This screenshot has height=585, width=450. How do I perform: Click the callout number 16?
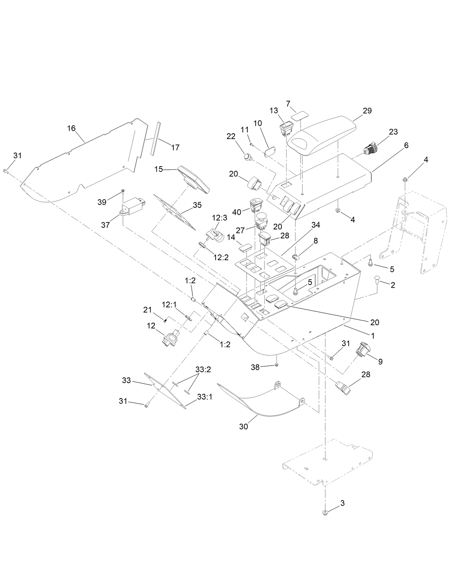72,128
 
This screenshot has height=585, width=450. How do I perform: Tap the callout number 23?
393,132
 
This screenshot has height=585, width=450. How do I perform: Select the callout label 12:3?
220,218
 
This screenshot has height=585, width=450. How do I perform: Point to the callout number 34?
316,225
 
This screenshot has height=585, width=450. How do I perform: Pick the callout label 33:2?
203,369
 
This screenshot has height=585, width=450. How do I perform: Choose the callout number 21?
148,310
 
